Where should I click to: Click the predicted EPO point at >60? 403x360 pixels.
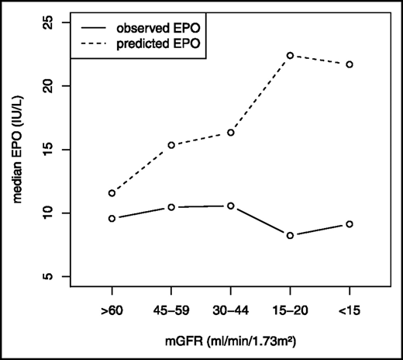point(112,193)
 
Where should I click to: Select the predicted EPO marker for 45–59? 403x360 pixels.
point(171,145)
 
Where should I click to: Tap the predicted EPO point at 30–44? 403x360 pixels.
point(231,133)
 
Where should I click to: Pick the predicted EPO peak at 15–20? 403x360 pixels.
point(290,55)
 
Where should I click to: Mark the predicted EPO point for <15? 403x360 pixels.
point(350,64)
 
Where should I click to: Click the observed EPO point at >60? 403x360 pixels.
point(112,219)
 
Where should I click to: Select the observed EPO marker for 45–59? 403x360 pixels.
point(171,207)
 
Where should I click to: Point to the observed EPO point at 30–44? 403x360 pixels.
point(231,206)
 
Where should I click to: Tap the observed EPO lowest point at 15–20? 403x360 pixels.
point(290,235)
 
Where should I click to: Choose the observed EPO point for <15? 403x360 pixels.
point(350,224)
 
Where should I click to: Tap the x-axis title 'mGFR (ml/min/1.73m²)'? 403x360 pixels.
point(231,338)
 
